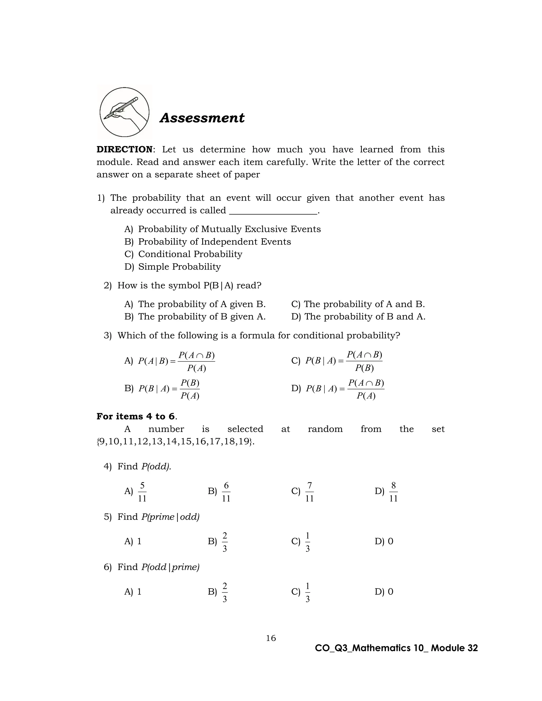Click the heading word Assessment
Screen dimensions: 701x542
[202, 118]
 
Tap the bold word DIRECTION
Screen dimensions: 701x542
[125, 149]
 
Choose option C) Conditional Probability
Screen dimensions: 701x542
[190, 254]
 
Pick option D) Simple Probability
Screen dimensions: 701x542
[179, 267]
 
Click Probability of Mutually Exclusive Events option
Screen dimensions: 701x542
[229, 229]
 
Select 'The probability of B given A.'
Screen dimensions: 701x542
[202, 317]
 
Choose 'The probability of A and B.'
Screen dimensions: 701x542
[364, 304]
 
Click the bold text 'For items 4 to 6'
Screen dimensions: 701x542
[136, 417]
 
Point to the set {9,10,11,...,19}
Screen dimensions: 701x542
[175, 442]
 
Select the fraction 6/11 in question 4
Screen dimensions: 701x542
[226, 492]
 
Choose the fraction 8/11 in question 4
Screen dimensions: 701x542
[393, 492]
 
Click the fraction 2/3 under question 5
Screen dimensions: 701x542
[224, 542]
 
